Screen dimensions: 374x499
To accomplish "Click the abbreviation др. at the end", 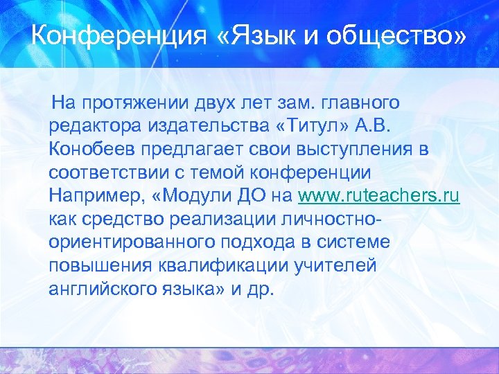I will coord(262,289).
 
